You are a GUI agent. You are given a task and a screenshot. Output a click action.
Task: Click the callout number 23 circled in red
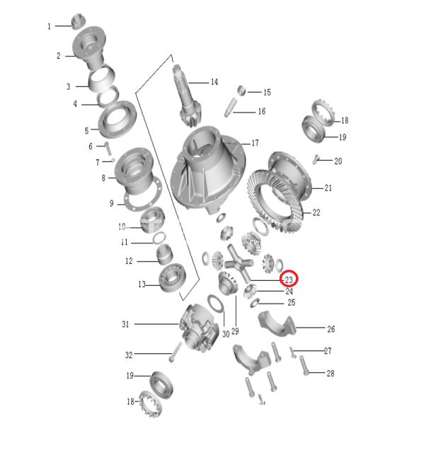tap(289, 280)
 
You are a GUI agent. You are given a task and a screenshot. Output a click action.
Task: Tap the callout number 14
tap(214, 82)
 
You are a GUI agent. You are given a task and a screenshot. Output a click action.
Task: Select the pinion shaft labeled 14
tap(188, 96)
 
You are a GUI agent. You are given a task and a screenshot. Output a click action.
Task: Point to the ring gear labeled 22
tap(275, 201)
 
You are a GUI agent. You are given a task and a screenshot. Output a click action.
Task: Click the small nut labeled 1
tap(79, 21)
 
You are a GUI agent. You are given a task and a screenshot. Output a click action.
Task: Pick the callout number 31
tap(125, 324)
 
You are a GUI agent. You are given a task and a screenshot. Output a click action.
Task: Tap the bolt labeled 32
tap(175, 352)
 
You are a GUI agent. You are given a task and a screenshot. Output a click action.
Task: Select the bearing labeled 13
tap(172, 277)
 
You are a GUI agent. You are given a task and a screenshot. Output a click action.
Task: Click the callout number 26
tap(331, 329)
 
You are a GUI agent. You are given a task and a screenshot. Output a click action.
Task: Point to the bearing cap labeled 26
tap(277, 323)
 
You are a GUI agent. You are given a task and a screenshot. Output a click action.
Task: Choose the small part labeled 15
tap(241, 91)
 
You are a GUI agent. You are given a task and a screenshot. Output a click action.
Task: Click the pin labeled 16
tap(231, 108)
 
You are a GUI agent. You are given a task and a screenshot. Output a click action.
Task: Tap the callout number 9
tap(112, 203)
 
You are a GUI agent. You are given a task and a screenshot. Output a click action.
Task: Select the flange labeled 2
tap(89, 48)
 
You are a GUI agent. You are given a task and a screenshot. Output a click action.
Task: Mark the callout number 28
tap(331, 373)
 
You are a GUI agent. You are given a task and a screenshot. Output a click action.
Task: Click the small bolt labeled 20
tap(316, 159)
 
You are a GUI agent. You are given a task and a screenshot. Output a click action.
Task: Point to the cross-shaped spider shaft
tap(239, 263)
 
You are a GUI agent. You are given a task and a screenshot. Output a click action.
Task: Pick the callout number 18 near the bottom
tap(130, 401)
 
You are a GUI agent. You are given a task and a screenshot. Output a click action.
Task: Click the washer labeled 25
tap(254, 303)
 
